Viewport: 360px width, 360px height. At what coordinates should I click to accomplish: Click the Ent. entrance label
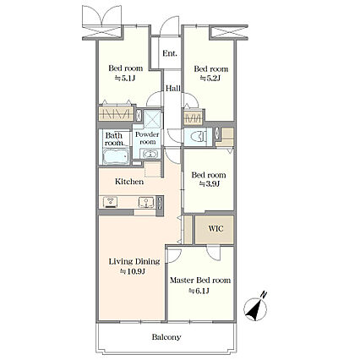(x=170, y=53)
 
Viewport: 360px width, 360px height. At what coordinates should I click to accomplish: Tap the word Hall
(x=172, y=88)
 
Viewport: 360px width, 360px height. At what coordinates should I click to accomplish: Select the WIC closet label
(x=215, y=228)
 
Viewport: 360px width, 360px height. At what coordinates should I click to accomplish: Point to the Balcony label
(x=166, y=337)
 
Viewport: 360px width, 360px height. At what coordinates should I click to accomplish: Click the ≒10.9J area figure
(x=133, y=271)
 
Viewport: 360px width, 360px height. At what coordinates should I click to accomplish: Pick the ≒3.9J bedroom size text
(x=210, y=184)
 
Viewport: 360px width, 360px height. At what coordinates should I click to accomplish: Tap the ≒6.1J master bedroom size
(x=199, y=291)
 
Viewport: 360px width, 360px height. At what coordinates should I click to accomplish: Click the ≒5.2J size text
(x=210, y=78)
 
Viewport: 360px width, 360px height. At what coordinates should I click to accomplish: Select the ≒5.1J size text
(x=125, y=78)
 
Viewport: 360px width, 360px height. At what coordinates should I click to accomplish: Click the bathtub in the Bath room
(x=116, y=156)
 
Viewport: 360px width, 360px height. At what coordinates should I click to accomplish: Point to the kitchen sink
(x=146, y=203)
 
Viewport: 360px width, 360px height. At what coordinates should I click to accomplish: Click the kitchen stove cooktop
(x=110, y=202)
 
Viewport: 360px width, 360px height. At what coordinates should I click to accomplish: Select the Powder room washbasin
(x=150, y=154)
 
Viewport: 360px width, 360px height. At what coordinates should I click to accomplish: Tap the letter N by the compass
(x=263, y=295)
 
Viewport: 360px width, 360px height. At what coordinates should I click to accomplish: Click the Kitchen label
(x=129, y=182)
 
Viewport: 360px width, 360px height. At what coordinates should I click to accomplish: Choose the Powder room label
(x=147, y=138)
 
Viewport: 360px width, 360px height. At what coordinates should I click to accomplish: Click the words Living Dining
(x=134, y=262)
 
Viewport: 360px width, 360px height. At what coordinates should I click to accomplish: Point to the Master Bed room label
(x=200, y=281)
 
